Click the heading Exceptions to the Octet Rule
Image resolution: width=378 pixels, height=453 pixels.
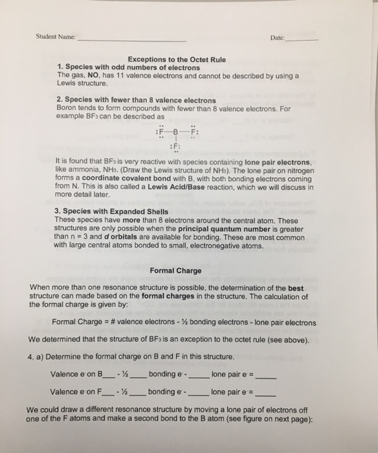176,60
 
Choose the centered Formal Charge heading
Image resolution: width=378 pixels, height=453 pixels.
175,271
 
